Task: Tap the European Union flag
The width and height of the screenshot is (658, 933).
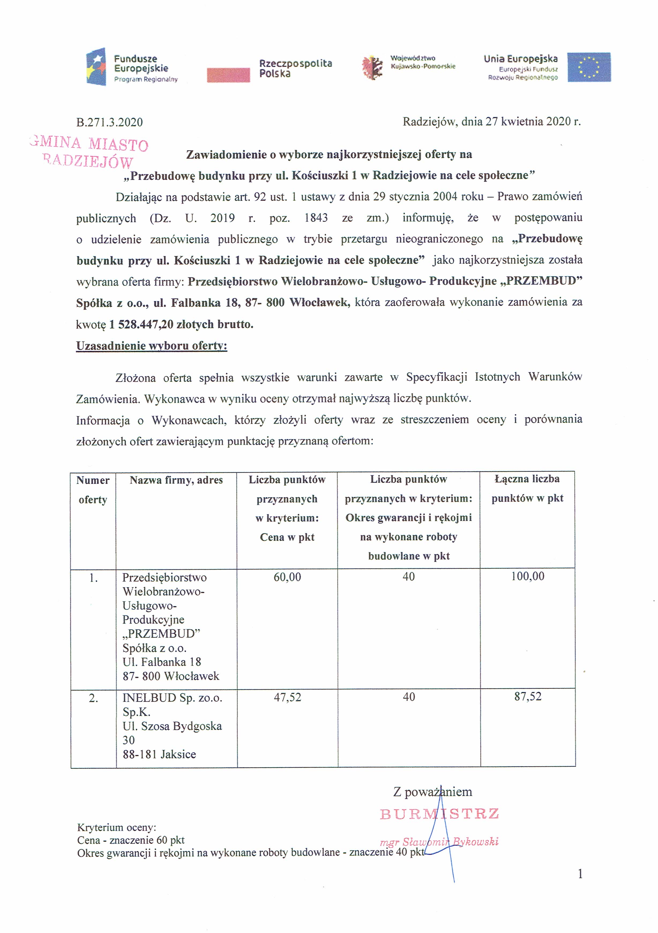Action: pos(589,67)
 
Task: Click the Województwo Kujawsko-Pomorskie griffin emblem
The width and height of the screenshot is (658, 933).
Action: pos(372,67)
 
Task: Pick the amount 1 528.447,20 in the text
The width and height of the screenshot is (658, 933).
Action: pos(141,324)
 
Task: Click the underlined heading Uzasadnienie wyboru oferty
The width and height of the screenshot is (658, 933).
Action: pos(152,346)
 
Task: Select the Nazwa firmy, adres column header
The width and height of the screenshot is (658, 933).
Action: pos(176,480)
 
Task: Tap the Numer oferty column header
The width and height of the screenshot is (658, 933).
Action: pos(93,490)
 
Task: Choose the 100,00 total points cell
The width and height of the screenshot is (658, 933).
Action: pos(528,576)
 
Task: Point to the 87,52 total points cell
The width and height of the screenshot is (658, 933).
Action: pos(528,697)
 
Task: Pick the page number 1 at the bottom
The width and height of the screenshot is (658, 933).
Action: pos(580,874)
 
